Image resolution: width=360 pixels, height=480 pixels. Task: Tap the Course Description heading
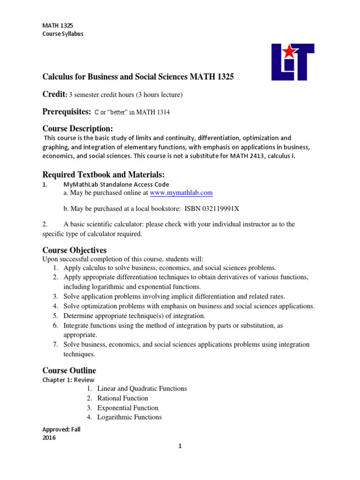[x=78, y=128]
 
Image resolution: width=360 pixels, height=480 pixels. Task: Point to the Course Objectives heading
[x=75, y=250]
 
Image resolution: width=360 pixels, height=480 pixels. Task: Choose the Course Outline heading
[x=69, y=370]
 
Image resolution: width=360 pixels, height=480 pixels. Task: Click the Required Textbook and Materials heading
[x=104, y=174]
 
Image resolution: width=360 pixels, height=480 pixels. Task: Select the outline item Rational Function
[x=122, y=398]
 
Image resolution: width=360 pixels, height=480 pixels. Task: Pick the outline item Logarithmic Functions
[x=129, y=417]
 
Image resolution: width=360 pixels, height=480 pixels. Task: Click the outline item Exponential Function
[x=127, y=408]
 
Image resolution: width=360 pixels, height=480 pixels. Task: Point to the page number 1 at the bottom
[x=180, y=446]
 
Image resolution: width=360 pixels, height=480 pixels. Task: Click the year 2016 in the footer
[x=49, y=438]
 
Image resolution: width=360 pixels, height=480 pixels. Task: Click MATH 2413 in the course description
[x=260, y=155]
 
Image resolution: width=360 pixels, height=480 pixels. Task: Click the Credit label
[x=53, y=94]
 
